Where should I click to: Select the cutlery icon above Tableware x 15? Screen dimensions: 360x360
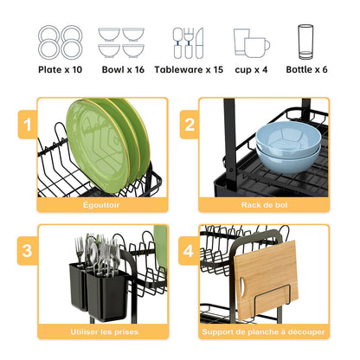click(188, 42)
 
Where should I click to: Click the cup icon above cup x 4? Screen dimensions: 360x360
click(250, 42)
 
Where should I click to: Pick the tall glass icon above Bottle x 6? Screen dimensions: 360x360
click(305, 42)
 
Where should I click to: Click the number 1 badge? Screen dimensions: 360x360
click(29, 125)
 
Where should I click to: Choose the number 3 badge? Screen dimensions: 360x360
click(29, 252)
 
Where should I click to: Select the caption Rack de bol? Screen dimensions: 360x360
click(264, 204)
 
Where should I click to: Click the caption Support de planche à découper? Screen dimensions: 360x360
click(264, 331)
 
